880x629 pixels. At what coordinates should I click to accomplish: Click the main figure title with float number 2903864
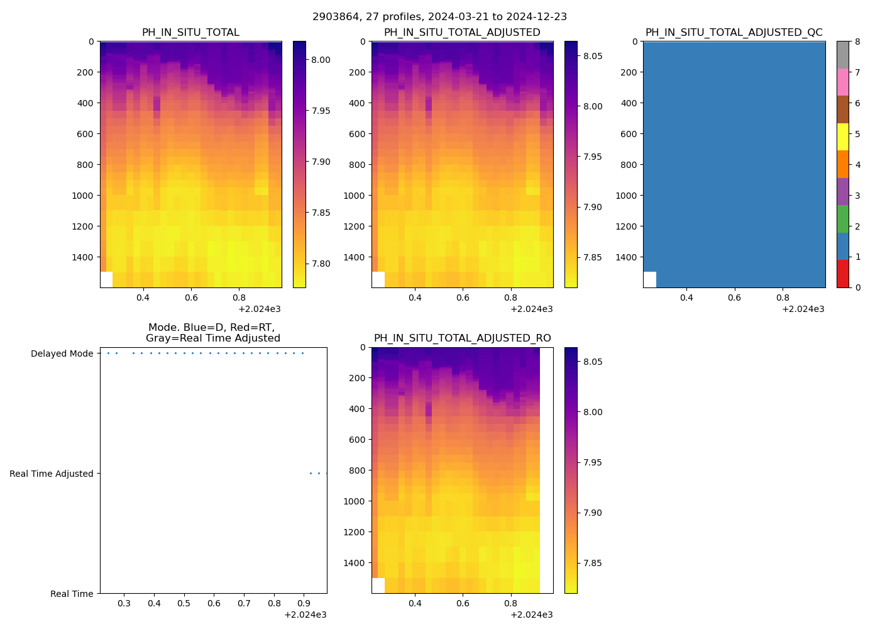(x=439, y=16)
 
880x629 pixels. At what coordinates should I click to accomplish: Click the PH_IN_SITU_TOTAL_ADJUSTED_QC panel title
(x=734, y=32)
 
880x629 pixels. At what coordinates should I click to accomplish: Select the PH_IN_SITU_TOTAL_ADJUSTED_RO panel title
(x=462, y=338)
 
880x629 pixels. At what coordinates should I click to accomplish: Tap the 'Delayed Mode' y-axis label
(x=62, y=353)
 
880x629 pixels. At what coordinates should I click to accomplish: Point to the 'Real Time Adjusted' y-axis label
(x=51, y=474)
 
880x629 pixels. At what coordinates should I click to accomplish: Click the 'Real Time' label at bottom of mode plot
(x=72, y=594)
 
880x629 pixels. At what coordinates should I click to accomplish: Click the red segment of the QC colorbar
(x=842, y=274)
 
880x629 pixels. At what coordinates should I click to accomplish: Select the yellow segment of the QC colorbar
(x=842, y=136)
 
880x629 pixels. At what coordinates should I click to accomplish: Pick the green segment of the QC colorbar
(x=842, y=219)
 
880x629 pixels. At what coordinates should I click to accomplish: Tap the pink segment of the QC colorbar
(x=842, y=82)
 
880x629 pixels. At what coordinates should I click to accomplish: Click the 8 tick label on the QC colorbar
(x=857, y=42)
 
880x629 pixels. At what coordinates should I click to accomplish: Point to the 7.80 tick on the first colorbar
(x=321, y=264)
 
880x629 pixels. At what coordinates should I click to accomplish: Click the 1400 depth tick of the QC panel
(x=626, y=257)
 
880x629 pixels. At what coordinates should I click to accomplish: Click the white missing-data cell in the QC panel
(x=649, y=279)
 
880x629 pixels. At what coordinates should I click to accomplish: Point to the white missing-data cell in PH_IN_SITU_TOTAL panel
(x=106, y=279)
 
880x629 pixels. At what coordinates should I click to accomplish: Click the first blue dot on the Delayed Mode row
(x=108, y=353)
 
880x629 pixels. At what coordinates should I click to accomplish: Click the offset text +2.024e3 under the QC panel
(x=803, y=309)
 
